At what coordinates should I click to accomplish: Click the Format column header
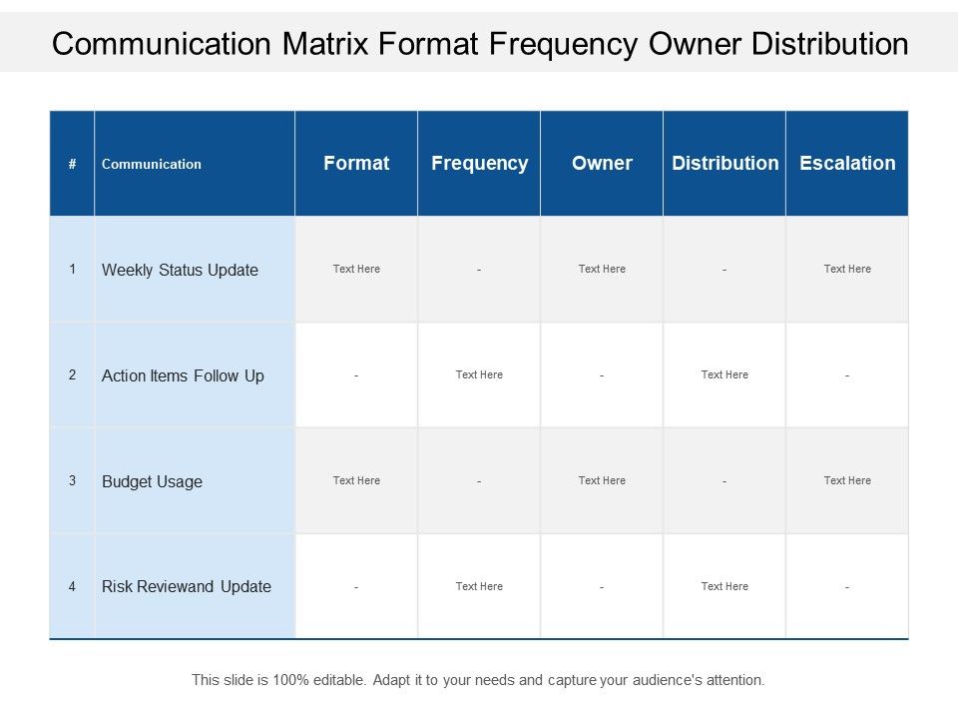(356, 163)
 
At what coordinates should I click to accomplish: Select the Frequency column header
(480, 164)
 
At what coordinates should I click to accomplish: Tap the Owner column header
(602, 163)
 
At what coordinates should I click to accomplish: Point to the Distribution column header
(725, 163)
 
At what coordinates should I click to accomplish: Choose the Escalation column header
(847, 163)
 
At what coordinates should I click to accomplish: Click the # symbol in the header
(72, 164)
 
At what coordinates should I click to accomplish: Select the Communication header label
(152, 164)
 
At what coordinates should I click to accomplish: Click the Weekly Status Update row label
(180, 271)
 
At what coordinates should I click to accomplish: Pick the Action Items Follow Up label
(183, 376)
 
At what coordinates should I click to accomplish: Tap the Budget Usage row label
(152, 481)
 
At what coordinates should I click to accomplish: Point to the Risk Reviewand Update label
(187, 587)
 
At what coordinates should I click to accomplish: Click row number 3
(72, 480)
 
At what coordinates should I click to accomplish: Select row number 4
(72, 587)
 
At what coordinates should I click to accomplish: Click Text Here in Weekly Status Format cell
(356, 269)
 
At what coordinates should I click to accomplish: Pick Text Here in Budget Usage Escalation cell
(847, 480)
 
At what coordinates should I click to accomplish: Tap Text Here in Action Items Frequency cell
(479, 374)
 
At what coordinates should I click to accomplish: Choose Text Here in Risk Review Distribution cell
(724, 586)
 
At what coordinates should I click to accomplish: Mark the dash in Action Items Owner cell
(602, 375)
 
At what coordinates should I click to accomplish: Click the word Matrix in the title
(325, 44)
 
